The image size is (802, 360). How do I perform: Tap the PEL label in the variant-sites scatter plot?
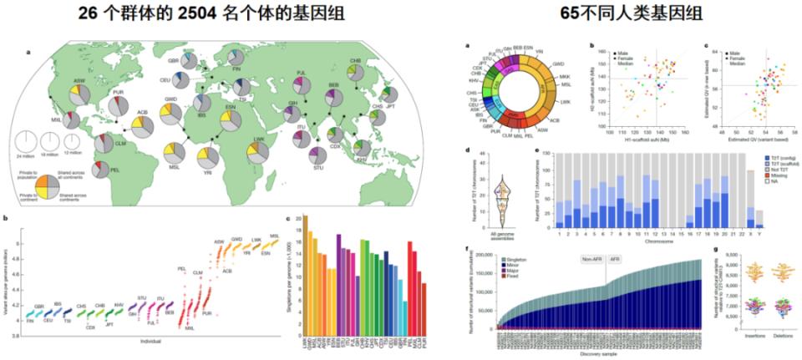[x=181, y=269]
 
